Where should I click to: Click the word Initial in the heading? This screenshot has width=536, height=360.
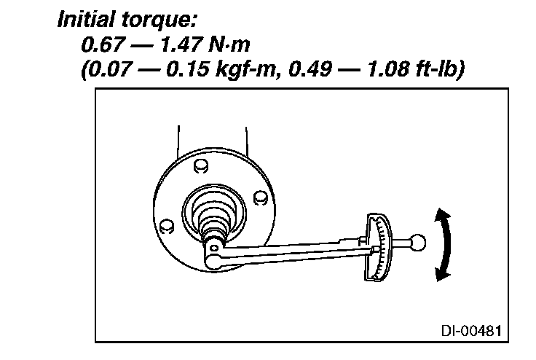[87, 19]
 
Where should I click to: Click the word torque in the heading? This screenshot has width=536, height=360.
[157, 20]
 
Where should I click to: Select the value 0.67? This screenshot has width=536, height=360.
[102, 45]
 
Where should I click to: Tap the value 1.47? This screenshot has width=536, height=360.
[181, 45]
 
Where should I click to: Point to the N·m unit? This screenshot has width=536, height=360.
[229, 45]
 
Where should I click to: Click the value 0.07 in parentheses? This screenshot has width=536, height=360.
[109, 69]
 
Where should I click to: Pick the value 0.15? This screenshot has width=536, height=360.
[188, 69]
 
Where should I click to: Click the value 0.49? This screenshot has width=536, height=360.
[310, 69]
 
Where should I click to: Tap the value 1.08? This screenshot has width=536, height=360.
[389, 69]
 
